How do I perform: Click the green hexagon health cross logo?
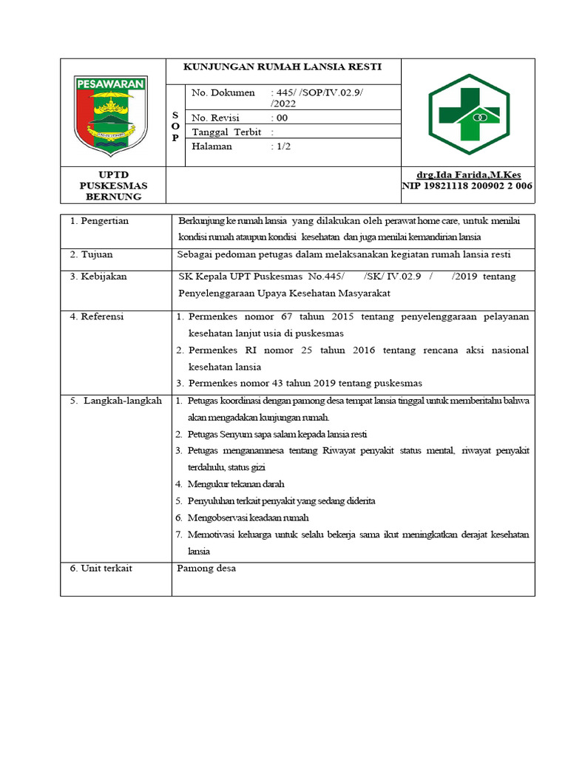pos(468,113)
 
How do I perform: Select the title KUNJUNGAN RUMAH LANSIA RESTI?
pos(283,67)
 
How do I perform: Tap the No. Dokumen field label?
pos(223,92)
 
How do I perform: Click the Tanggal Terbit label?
pos(227,132)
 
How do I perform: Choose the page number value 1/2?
pos(281,146)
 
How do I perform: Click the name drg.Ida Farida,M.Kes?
pos(467,174)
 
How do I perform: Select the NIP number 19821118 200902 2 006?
pos(467,186)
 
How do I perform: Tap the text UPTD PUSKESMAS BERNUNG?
pos(113,186)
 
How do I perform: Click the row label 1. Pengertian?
pos(100,221)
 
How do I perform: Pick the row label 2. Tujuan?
pos(92,254)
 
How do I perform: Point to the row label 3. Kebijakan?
pos(98,276)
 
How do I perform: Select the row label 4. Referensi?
pos(97,316)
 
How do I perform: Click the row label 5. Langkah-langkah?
pos(115,400)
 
